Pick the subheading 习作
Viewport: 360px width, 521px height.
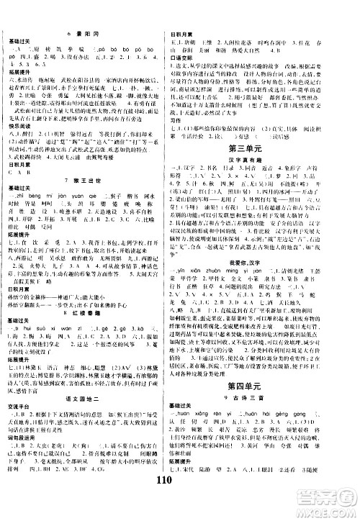tap(179, 130)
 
